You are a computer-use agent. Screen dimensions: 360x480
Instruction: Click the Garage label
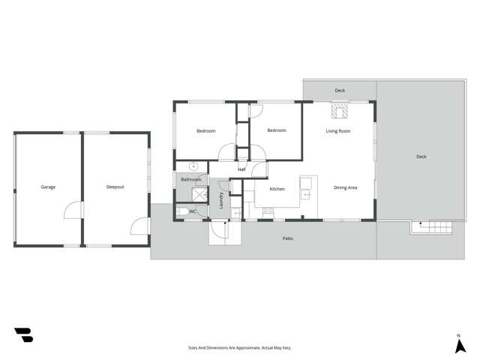pos(48,187)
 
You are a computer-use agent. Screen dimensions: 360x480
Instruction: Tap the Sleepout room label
pos(115,187)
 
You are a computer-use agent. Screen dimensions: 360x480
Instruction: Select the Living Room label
pos(337,131)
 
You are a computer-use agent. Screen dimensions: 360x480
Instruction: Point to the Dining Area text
pos(345,187)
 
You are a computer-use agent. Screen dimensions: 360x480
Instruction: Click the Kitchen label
pos(277,189)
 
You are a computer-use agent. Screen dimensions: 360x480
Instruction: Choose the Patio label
pos(287,238)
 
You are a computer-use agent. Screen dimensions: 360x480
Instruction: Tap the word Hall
pos(241,169)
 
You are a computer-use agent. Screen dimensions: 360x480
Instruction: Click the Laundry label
pos(221,199)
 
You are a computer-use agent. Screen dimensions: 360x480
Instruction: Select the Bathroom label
pos(190,179)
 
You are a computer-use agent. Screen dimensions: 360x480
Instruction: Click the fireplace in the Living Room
pos(340,112)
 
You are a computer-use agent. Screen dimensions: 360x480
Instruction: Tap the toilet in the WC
pos(182,212)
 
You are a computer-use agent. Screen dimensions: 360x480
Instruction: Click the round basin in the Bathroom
pos(193,167)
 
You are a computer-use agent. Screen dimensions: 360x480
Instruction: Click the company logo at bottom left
pos(23,335)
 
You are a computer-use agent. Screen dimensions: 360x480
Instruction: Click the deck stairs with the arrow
pos(433,227)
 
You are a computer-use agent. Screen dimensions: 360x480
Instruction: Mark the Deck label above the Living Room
pos(340,91)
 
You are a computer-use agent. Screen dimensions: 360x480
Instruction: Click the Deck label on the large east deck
pos(421,157)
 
